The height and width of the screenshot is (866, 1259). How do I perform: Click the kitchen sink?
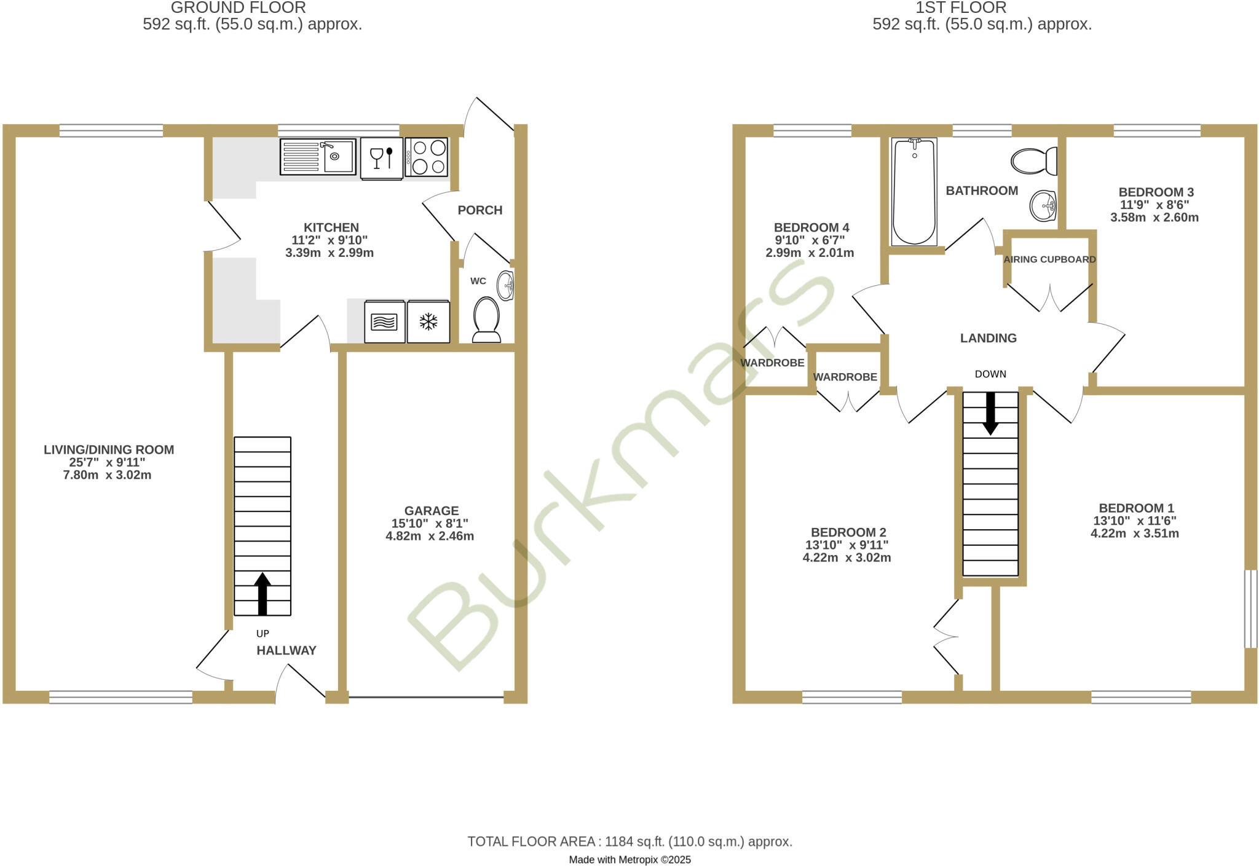coord(318,156)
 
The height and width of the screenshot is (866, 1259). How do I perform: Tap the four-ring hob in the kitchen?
coord(427,157)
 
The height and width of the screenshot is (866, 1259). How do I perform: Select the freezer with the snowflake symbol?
coord(428,321)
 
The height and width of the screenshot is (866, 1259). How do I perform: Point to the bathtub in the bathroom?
coord(914,191)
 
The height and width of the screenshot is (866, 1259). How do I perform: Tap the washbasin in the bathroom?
coord(1043,205)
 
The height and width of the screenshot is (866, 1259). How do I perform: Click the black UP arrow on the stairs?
coord(262,593)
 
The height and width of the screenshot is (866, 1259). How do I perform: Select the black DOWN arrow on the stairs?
coord(990,414)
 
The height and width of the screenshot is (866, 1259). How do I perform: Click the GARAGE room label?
coord(432,511)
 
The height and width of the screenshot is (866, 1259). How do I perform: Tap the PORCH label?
coord(480,210)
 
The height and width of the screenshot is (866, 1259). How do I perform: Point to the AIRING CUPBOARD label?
coord(1050,259)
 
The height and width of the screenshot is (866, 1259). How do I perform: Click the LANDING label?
coord(989,338)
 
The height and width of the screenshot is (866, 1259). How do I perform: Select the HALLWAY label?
coord(286,650)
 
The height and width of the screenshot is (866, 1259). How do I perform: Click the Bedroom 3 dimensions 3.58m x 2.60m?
coord(1154,218)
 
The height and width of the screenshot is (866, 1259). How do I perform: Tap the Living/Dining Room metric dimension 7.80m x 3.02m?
coord(108,475)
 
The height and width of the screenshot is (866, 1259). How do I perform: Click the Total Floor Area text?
coord(629,841)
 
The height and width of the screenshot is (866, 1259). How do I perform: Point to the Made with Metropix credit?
coord(629,860)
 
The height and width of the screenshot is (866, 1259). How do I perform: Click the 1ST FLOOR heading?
coord(961,8)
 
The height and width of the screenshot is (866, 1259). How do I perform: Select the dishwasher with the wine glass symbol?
coord(382,158)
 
